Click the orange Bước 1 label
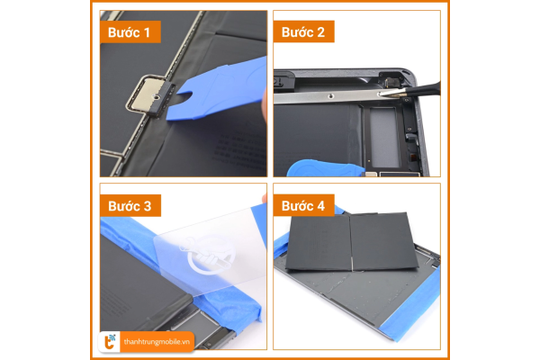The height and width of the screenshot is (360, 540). point(130,32)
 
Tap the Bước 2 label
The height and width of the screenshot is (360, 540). point(304,31)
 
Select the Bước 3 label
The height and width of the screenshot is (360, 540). point(130,206)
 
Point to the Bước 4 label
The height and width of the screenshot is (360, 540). point(304,205)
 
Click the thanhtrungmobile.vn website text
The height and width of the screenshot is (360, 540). point(157,342)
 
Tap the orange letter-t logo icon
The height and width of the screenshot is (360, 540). point(110,342)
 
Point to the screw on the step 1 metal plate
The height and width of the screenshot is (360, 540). point(157,97)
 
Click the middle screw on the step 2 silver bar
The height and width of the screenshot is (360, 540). point(331,96)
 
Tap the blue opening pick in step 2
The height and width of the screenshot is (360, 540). point(326,168)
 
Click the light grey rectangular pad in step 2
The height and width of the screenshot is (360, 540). point(384,138)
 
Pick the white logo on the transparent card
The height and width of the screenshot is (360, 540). point(207,255)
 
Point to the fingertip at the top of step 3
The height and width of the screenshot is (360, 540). point(265,198)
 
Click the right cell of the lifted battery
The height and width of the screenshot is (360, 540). point(383,242)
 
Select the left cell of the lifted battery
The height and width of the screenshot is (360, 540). point(319,243)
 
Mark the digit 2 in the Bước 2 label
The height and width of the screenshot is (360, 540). point(320,32)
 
